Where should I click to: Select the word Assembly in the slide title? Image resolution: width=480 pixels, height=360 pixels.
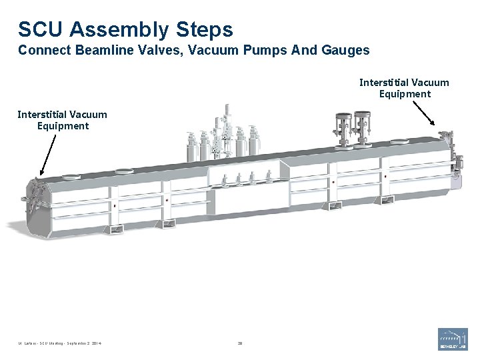point(120,29)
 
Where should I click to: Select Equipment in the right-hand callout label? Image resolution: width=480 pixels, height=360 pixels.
point(405,94)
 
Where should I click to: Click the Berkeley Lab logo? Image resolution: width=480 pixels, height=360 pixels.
point(453,339)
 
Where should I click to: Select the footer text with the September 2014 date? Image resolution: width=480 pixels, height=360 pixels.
point(61,345)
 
